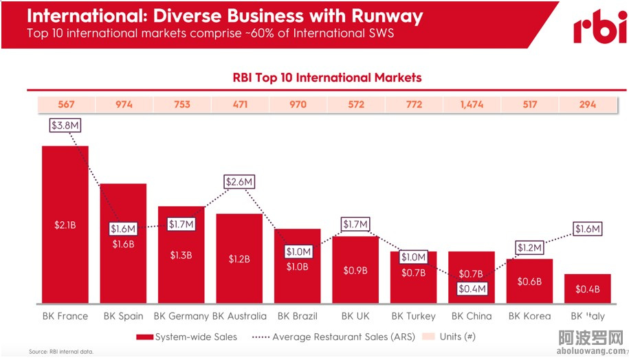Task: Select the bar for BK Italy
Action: coord(587,289)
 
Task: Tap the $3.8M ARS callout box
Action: coord(65,126)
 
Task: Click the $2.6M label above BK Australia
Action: coord(240,182)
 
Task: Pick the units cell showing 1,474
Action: coord(471,105)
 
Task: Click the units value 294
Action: coord(587,105)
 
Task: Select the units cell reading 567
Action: coord(65,105)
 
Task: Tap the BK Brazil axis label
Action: coord(298,316)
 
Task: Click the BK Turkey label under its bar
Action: coord(413,316)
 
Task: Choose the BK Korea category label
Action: coord(529,316)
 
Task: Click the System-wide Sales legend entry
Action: coord(187,337)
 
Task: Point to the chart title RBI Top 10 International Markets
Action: coord(327,78)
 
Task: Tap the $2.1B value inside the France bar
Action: coord(65,225)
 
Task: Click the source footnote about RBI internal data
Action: coord(60,352)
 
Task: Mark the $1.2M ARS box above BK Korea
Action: coord(529,247)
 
